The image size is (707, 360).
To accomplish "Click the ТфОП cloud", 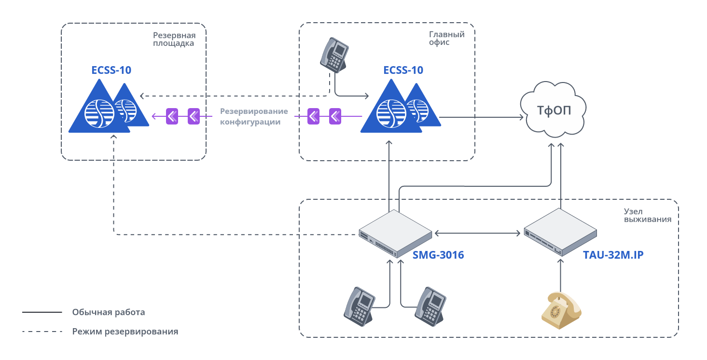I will point(554,110).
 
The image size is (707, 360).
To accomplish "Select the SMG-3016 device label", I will point(438,255).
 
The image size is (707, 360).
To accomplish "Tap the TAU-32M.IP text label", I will point(613,255).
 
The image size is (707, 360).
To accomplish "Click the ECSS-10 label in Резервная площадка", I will point(111,70).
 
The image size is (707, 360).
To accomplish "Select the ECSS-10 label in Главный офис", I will point(403,70).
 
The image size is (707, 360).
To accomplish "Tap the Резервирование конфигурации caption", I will point(254,117).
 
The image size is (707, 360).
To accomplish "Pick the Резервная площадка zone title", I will point(174,39).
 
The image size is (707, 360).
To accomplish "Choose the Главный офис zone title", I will point(446,38).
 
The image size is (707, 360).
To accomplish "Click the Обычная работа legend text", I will point(109,312).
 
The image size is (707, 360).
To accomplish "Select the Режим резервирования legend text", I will point(125,332).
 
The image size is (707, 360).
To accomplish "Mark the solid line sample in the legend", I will point(42,312).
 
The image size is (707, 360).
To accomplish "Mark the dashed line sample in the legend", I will point(42,332).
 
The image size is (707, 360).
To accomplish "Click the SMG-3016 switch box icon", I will point(395,234).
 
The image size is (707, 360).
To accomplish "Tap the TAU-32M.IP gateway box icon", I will point(560,232).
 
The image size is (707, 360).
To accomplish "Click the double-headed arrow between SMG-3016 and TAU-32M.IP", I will point(477,233).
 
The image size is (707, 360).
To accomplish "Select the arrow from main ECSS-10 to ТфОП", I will point(483,117).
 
